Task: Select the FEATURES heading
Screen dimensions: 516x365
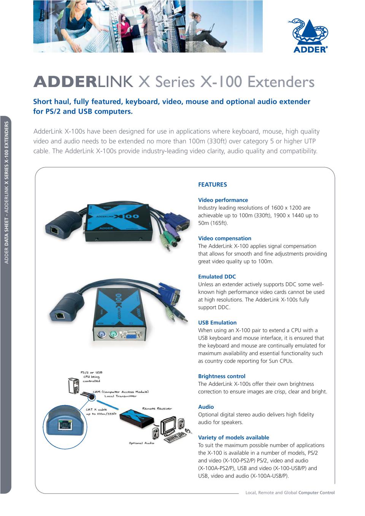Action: point(212,185)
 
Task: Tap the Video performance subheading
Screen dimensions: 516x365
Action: point(223,200)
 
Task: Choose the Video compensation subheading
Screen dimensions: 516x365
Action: point(224,238)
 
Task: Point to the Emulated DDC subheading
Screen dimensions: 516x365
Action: point(217,277)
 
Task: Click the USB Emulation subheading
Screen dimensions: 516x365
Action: point(217,323)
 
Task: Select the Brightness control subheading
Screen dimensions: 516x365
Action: point(222,376)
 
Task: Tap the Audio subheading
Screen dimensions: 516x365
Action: point(206,407)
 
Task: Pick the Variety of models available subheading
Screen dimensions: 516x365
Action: point(233,437)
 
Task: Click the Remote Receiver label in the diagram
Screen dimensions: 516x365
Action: point(157,408)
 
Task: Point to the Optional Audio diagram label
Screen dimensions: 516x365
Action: point(141,443)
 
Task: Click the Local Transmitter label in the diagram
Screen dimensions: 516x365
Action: point(120,396)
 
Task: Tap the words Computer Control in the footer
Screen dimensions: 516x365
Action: point(316,492)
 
